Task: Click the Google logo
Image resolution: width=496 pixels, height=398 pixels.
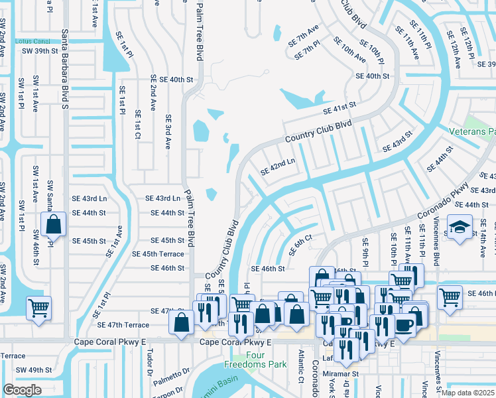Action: [23, 389]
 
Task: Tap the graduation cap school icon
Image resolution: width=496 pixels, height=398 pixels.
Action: [459, 228]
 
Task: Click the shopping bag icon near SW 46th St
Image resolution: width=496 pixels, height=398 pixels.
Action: [53, 224]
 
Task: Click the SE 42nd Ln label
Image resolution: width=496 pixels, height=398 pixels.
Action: [277, 166]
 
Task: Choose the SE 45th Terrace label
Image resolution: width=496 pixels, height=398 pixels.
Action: [158, 254]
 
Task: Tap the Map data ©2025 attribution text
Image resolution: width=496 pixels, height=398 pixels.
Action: [467, 392]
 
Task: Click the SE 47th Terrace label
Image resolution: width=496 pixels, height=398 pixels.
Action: [123, 325]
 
